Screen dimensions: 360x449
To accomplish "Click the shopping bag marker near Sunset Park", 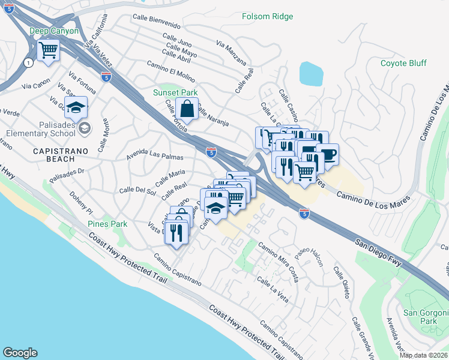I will pyautogui.click(x=187, y=109).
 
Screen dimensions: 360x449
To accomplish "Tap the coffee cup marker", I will pyautogui.click(x=327, y=154).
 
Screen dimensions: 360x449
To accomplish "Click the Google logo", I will pyautogui.click(x=20, y=353).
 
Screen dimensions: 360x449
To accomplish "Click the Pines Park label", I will pyautogui.click(x=107, y=224).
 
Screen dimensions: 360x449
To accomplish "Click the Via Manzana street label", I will pyautogui.click(x=231, y=53).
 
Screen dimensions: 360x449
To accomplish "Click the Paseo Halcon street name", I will pyautogui.click(x=309, y=257).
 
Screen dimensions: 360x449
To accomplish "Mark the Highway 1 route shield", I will pyautogui.click(x=28, y=62).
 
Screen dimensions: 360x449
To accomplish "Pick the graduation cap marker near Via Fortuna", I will pyautogui.click(x=76, y=108).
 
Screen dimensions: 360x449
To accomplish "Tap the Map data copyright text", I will pyautogui.click(x=423, y=355).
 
